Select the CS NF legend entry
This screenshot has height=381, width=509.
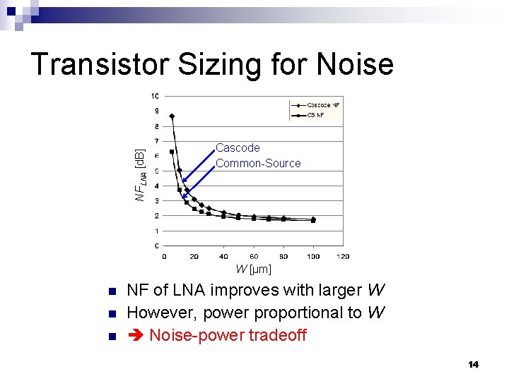[x=315, y=114]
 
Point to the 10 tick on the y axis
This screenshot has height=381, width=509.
[x=154, y=96]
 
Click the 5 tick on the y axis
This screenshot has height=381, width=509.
[x=156, y=171]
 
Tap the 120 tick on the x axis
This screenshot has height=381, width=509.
[x=343, y=256]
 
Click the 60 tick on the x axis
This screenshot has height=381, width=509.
[x=254, y=256]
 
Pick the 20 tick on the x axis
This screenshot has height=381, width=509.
[x=194, y=256]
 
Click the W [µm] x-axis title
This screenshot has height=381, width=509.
[x=253, y=269]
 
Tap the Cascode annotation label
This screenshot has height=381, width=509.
[x=238, y=148]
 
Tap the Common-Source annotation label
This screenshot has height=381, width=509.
[x=258, y=164]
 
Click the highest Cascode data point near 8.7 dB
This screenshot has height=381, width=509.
[x=172, y=116]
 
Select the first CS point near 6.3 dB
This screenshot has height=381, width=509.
[x=172, y=152]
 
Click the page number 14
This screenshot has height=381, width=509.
[x=473, y=364]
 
